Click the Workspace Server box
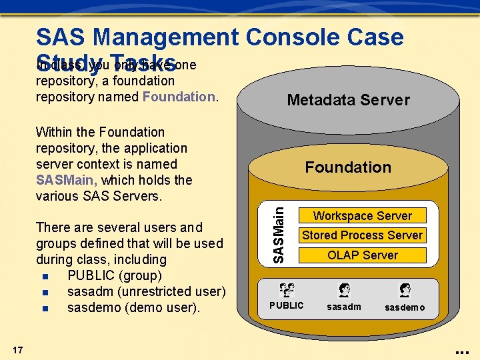pyautogui.click(x=363, y=216)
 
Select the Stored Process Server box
pyautogui.click(x=363, y=235)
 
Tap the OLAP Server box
pyautogui.click(x=363, y=255)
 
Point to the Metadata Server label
pyautogui.click(x=348, y=100)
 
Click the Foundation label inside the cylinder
pyautogui.click(x=348, y=167)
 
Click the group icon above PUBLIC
pyautogui.click(x=287, y=290)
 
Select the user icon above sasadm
pyautogui.click(x=344, y=290)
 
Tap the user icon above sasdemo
pyautogui.click(x=405, y=290)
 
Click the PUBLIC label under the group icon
pyautogui.click(x=286, y=305)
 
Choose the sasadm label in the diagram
pyautogui.click(x=344, y=307)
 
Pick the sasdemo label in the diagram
pyautogui.click(x=405, y=307)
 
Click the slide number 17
pyautogui.click(x=18, y=350)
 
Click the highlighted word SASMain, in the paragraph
pyautogui.click(x=67, y=180)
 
